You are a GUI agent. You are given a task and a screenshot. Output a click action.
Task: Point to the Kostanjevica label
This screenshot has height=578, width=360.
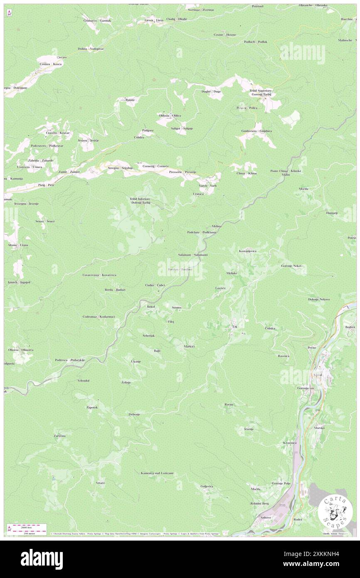click(x=248, y=251)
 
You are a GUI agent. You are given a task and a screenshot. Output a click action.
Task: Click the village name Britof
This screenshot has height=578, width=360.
click(x=151, y=306)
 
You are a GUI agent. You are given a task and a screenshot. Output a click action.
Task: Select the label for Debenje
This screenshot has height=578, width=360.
click(x=134, y=415)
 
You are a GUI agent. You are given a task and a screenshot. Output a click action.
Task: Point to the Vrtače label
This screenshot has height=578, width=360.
click(x=100, y=483)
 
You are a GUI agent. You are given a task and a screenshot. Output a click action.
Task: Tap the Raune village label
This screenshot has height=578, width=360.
click(x=130, y=100)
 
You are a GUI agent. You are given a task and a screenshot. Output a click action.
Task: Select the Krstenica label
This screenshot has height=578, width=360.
click(x=290, y=443)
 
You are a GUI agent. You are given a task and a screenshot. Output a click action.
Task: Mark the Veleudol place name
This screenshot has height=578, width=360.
click(x=84, y=380)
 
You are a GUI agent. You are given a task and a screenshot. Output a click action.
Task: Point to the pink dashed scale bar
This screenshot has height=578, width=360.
click(x=26, y=525)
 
